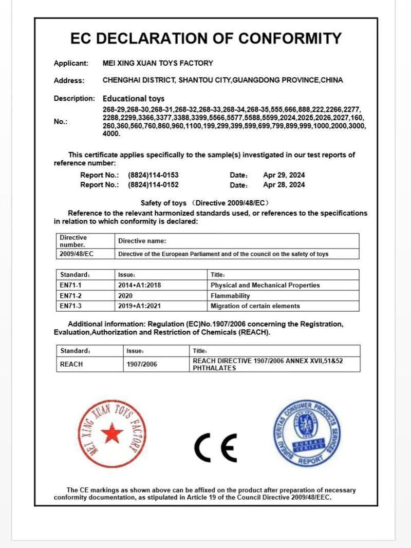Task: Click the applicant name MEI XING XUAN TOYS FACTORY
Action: point(158,63)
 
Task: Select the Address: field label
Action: point(68,81)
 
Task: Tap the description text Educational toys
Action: point(134,98)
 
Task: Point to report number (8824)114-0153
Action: point(153,175)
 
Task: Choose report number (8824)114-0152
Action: point(153,185)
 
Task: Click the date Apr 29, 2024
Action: point(284,175)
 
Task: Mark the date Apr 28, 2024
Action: point(284,185)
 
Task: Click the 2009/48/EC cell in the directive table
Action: point(77,254)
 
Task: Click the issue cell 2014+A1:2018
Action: point(140,285)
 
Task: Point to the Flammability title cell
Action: point(230,296)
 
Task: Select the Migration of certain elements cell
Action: point(255,306)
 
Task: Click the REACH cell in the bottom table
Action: point(71,364)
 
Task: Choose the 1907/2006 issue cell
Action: point(142,364)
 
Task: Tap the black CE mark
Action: point(216,448)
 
